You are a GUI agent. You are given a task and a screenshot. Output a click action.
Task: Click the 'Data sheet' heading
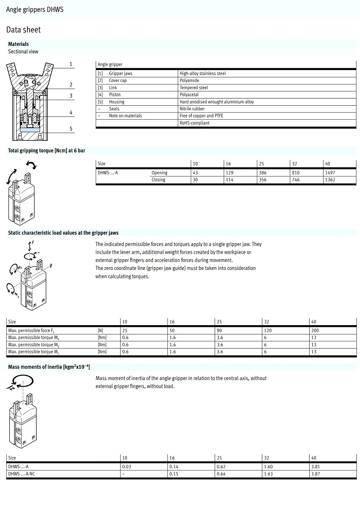point(23,30)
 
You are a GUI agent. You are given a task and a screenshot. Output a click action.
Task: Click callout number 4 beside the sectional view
point(71,112)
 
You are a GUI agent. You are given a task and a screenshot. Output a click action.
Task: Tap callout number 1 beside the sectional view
point(71,64)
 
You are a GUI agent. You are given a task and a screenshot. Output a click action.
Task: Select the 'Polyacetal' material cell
point(189,95)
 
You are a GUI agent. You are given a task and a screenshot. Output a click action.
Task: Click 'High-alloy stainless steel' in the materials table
point(202,73)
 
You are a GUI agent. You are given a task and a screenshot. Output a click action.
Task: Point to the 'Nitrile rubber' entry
point(192,109)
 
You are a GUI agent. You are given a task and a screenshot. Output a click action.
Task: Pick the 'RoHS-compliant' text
point(194,123)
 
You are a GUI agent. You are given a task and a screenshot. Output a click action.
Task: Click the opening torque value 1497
point(330,173)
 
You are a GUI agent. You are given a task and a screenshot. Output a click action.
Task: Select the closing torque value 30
point(195,180)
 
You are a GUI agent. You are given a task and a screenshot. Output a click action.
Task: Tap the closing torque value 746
point(296,180)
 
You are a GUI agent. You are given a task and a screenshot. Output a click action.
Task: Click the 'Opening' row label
point(159,173)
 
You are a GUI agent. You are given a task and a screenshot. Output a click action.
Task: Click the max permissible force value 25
point(125,331)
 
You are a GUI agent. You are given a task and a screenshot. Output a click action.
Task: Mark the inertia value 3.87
point(315,474)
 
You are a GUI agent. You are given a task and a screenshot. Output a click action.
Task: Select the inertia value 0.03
point(126,467)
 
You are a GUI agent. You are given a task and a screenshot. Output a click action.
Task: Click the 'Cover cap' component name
point(118,81)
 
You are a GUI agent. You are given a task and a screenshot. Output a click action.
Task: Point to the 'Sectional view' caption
point(23,52)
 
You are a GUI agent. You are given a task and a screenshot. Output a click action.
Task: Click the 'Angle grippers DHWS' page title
point(35,9)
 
